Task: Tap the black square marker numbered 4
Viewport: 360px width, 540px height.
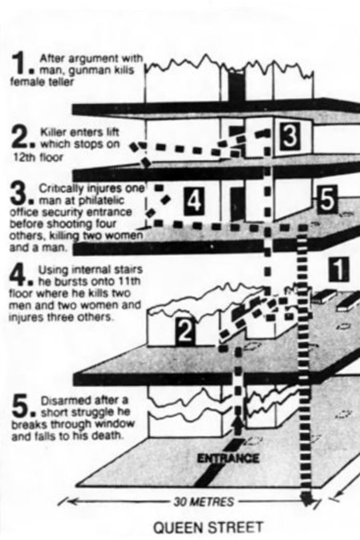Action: tap(194, 202)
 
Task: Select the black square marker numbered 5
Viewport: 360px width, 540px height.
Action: tap(327, 200)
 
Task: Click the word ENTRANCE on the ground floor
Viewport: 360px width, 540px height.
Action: tap(228, 458)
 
